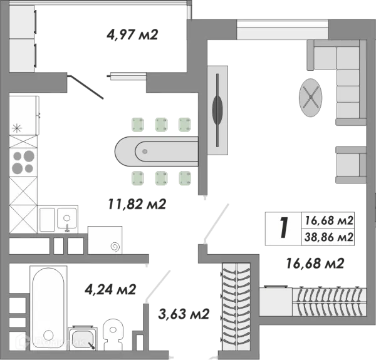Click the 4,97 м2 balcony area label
point(132,34)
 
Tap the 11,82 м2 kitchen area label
point(137,204)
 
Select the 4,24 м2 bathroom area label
point(110,289)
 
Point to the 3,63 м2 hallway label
point(184,314)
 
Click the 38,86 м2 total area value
point(329,237)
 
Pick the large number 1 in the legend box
point(284,227)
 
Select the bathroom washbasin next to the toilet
point(83,339)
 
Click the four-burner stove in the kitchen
point(23,162)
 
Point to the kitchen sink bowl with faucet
point(67,219)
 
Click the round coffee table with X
point(311,98)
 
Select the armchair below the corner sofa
point(351,165)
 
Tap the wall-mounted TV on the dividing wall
point(217,110)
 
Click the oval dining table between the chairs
point(157,152)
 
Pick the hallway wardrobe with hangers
point(236,307)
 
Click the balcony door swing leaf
point(86,87)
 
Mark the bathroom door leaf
point(158,285)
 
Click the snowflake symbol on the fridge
point(17,128)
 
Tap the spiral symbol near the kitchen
point(115,247)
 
